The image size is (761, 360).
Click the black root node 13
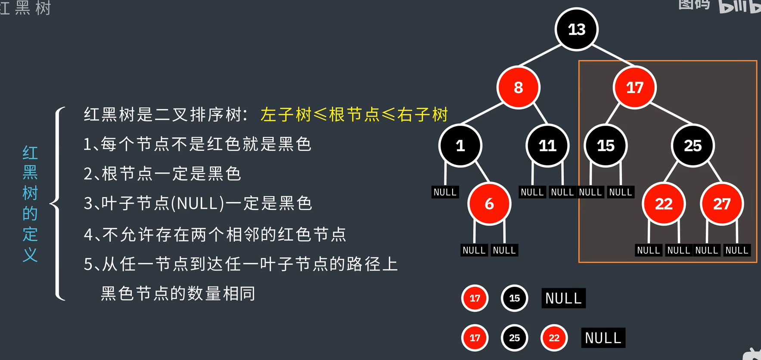point(576,29)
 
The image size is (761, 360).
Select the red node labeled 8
point(518,87)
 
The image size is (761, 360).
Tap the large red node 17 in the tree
point(634,87)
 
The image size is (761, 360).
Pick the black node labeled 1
point(460,146)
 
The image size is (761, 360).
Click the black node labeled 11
point(547,146)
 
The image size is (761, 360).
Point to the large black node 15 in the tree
point(606,146)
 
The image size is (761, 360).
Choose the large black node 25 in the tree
point(693,146)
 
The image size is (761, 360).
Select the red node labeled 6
point(489,204)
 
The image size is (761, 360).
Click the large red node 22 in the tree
point(663,204)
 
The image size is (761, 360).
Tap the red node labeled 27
point(722,204)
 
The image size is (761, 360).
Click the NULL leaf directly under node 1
point(445,192)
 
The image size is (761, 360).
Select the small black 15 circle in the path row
point(514,298)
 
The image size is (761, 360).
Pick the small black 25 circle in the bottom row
point(514,338)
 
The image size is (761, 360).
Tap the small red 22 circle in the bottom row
point(554,338)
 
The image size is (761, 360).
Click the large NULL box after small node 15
point(563,298)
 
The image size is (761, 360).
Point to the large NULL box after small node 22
point(603,338)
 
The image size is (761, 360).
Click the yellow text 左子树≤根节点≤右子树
point(354,115)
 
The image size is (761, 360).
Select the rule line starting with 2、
point(162,174)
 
